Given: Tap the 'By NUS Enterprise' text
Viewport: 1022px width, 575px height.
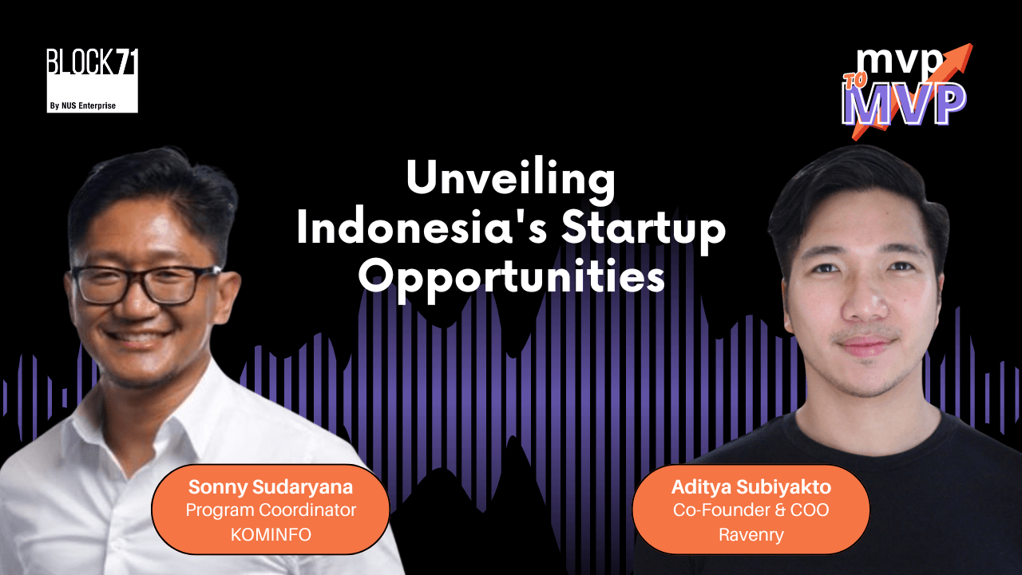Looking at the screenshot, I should pos(92,104).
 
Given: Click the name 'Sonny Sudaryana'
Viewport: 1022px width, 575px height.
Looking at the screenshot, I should pos(270,486).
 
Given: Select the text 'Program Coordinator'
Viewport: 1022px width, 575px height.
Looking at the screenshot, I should pos(270,510).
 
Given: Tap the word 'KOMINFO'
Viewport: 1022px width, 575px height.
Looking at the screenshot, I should pos(270,533).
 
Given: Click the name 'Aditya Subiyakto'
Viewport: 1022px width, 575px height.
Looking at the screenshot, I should pos(751,486).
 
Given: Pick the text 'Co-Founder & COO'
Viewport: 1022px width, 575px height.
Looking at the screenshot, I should pos(751,510).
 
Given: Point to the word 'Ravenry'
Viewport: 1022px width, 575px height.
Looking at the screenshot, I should pos(751,534).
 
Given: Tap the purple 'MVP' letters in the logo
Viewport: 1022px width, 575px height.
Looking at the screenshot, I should pos(906,106).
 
